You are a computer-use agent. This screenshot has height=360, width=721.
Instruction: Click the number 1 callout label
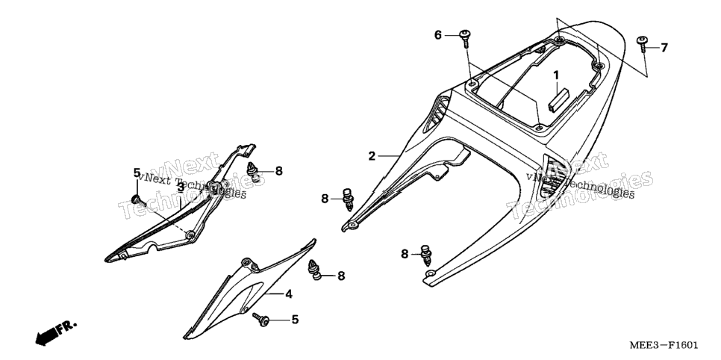point(556,75)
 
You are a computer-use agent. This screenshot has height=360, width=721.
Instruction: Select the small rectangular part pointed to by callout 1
point(559,102)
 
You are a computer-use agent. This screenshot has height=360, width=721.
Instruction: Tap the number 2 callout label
point(372,156)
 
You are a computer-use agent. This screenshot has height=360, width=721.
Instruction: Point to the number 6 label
point(437,34)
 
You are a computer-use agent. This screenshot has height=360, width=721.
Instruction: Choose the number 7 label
point(664,47)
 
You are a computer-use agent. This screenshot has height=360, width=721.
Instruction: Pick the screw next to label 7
point(643,43)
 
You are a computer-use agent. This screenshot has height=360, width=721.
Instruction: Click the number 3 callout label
point(181,187)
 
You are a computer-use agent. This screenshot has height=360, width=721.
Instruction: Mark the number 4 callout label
point(288,294)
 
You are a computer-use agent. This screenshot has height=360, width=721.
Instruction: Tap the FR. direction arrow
point(56,333)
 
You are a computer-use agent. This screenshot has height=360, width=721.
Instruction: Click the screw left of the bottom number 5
point(262,319)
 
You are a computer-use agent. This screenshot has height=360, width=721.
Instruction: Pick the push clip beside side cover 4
point(313,269)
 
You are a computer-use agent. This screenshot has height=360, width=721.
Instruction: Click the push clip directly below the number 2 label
point(349,199)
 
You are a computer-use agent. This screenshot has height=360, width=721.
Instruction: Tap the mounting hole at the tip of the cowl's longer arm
point(430,273)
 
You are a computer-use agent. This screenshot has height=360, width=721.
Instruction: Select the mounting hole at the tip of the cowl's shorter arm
point(352,225)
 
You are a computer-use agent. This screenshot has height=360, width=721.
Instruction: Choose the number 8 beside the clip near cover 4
point(341,276)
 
